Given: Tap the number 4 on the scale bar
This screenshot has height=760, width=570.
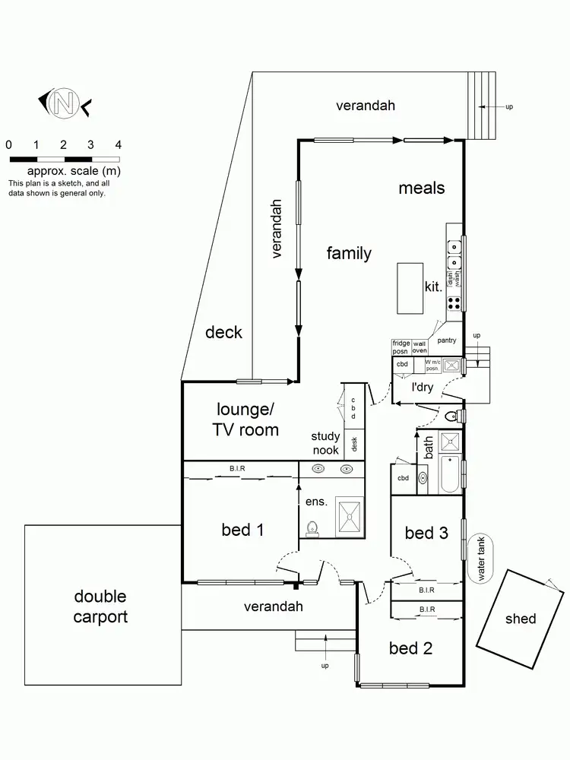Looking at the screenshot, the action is click(x=118, y=144).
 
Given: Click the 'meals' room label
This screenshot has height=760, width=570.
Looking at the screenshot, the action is click(x=422, y=188).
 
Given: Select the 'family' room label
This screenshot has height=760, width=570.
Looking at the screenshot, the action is click(x=349, y=253).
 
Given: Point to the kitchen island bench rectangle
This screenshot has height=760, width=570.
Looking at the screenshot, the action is click(x=410, y=288).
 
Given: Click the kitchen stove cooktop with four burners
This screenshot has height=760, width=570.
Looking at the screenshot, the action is click(x=454, y=302).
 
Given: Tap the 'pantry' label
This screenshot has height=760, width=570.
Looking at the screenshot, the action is click(x=447, y=340).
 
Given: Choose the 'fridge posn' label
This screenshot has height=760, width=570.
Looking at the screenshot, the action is click(x=401, y=347).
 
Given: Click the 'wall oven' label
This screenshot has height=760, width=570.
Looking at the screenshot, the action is click(x=420, y=347).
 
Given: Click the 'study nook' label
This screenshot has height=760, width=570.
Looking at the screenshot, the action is click(x=325, y=443).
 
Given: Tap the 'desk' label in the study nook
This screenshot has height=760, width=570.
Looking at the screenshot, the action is click(x=354, y=442).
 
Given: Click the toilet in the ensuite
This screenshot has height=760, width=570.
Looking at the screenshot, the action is click(x=311, y=527).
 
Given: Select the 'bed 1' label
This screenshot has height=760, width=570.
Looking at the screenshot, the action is click(x=242, y=530).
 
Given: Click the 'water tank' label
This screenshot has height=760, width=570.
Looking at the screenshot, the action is click(x=481, y=558).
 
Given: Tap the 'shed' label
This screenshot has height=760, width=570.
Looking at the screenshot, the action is click(x=521, y=619).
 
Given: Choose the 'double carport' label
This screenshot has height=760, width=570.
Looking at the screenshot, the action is click(x=100, y=606).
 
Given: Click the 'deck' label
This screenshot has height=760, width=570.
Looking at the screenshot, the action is click(x=223, y=332).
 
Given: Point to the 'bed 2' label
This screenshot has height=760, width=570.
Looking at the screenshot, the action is click(x=410, y=648).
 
